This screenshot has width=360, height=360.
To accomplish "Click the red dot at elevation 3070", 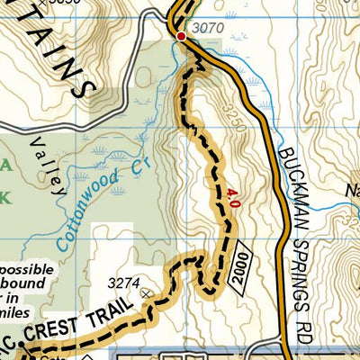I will pyautogui.click(x=181, y=37).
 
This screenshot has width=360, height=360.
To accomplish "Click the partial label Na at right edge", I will pyautogui.click(x=350, y=190).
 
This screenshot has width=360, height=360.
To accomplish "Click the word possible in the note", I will pyautogui.click(x=25, y=269).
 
